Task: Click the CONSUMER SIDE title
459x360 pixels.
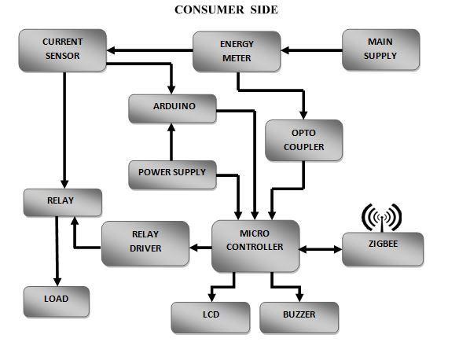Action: point(226,9)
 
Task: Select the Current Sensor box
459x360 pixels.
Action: point(62,48)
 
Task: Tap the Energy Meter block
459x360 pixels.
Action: point(237,50)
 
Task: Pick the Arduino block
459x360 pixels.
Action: point(173,107)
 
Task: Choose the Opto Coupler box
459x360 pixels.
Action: point(304,140)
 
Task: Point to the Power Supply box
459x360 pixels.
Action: point(172,172)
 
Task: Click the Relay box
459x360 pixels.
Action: point(62,201)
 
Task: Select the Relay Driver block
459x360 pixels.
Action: point(145,241)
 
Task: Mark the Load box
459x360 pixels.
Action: point(56,299)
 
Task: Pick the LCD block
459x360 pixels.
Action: point(211,316)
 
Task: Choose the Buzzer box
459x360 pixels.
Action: point(299,316)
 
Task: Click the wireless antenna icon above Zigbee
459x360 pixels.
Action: point(381,216)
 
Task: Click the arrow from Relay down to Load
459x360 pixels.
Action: point(56,252)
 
